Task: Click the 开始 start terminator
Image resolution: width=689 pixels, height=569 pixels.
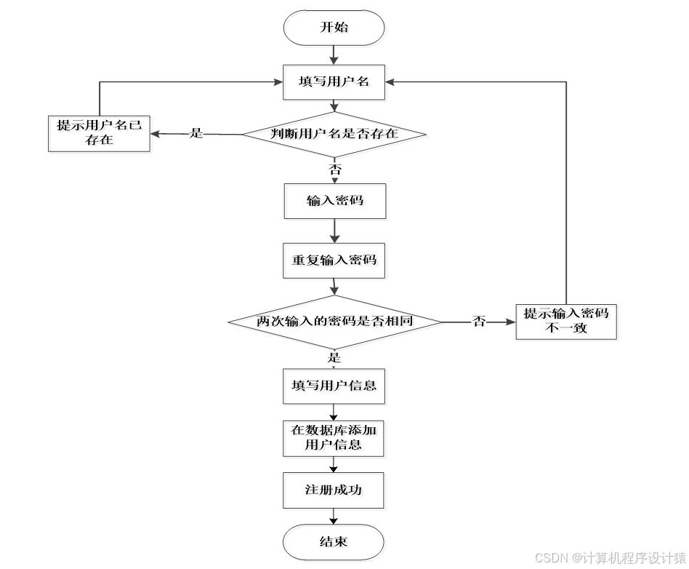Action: coord(334,28)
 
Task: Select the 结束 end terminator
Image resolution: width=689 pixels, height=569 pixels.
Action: coord(334,542)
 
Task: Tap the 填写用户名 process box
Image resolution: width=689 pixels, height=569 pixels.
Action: coord(334,81)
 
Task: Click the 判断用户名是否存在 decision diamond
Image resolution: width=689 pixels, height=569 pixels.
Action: coord(334,135)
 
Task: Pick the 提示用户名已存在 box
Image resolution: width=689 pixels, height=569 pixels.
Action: coord(99,133)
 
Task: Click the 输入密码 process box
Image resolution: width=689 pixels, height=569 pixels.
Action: coord(334,201)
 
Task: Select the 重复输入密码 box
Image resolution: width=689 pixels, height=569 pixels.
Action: coord(334,260)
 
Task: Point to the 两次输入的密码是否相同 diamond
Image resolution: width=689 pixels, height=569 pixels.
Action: coord(334,321)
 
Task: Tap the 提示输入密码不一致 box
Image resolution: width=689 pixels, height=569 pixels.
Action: coord(566,321)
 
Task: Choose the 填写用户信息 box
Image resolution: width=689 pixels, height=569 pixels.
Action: coord(334,386)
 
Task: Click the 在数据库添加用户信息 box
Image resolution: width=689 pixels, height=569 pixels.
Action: coord(334,437)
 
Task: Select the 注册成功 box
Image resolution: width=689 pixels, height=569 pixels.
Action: coord(334,490)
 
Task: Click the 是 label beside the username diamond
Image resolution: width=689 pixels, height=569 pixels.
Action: coord(196,134)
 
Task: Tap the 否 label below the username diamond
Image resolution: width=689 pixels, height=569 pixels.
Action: coord(335,168)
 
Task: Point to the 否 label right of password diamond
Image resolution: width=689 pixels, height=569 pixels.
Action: coord(479,321)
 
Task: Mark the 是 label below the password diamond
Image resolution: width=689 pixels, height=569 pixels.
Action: coord(334,357)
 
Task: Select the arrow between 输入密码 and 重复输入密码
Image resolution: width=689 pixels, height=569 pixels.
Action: coord(334,231)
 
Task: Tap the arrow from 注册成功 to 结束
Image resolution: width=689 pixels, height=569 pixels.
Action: coord(334,516)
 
